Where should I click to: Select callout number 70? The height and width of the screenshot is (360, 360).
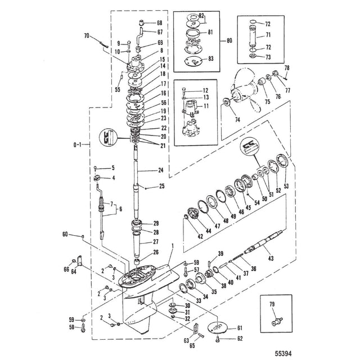click(x=86, y=36)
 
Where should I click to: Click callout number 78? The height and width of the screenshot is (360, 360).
click(x=287, y=68)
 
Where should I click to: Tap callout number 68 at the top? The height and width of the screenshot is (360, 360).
click(x=160, y=22)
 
